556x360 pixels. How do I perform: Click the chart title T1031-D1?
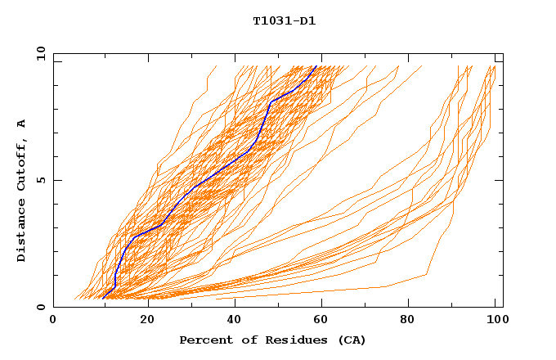(x=284, y=20)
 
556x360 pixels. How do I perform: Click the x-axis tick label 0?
(x=53, y=320)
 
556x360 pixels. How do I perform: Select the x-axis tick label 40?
(x=234, y=320)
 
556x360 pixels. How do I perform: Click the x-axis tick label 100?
(x=495, y=320)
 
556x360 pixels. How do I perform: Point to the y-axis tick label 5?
(x=43, y=180)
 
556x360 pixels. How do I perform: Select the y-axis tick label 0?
(x=43, y=307)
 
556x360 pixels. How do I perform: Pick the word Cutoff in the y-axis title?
(x=22, y=164)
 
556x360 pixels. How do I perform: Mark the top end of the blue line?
(x=316, y=66)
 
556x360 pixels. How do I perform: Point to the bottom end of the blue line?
(x=103, y=298)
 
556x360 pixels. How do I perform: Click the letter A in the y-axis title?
(x=22, y=124)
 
